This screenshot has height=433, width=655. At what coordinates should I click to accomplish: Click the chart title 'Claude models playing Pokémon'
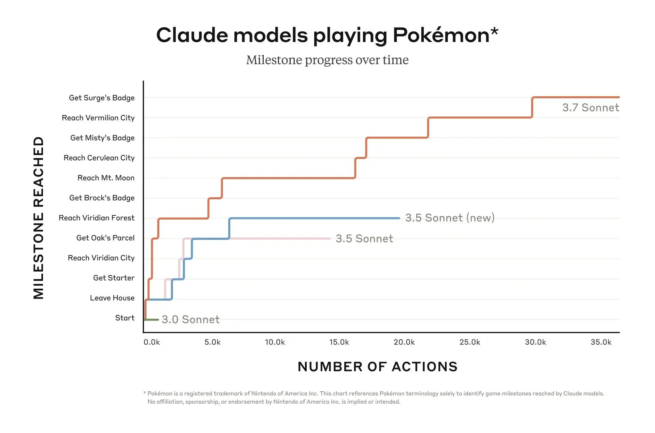pos(327,35)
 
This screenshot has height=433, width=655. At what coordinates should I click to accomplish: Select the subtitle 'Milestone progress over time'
pos(327,60)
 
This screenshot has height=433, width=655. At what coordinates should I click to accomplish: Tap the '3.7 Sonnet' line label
pos(591,107)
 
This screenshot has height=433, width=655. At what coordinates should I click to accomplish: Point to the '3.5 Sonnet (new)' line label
pos(450,218)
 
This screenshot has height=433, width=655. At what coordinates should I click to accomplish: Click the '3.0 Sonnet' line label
pos(190,319)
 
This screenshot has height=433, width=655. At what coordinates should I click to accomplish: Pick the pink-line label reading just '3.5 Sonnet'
pos(364,239)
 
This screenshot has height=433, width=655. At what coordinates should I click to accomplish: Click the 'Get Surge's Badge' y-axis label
pos(102,98)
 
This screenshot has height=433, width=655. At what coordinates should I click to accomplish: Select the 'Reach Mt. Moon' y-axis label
pos(106,178)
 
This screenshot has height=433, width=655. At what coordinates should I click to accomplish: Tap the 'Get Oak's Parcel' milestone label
pos(105,238)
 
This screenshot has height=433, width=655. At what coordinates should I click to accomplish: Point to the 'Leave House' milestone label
pos(112,298)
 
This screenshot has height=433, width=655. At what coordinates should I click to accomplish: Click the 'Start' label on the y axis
pos(125,318)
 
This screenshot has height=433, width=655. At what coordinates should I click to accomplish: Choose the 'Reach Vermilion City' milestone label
pos(98,118)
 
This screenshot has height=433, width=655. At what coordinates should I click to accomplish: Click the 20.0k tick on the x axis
pos(404,342)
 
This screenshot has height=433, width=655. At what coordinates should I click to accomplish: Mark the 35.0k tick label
pos(601,342)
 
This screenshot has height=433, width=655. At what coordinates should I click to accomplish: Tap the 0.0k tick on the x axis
pos(151,342)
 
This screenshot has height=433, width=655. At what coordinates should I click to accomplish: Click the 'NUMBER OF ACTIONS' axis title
pos(377,367)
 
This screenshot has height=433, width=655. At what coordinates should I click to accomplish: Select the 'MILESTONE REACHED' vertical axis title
pos(39,218)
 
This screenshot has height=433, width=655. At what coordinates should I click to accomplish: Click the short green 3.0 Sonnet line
pos(152,320)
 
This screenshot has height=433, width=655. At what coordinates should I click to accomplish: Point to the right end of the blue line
pos(399,218)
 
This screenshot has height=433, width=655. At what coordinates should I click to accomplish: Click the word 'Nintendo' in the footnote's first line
pos(262,393)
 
